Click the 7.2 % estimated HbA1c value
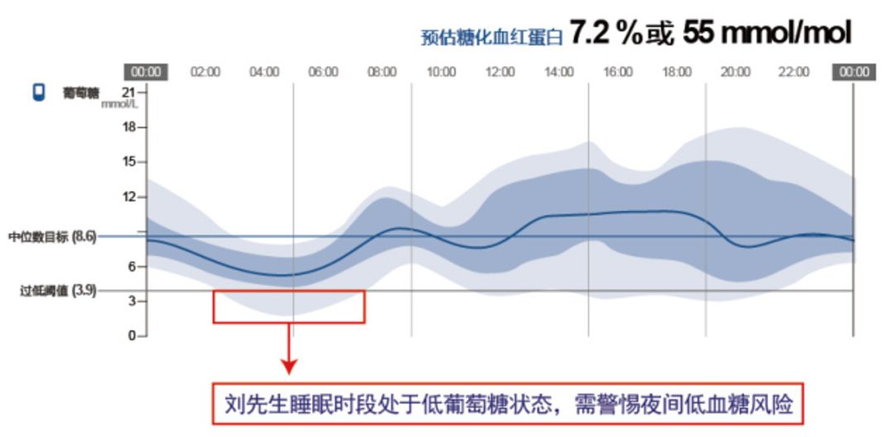(605, 34)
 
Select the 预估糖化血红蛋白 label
(492, 37)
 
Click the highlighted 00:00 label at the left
(146, 72)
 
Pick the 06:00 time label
(324, 72)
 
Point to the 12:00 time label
(500, 72)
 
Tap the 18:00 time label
(677, 72)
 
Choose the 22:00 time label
(794, 72)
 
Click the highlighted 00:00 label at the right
(853, 72)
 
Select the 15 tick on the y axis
(131, 162)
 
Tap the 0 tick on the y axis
(132, 335)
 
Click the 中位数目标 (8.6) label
(52, 237)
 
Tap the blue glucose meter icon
(39, 93)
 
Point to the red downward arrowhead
(290, 367)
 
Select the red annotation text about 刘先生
(508, 405)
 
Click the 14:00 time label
(559, 72)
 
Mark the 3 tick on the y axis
(132, 300)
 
